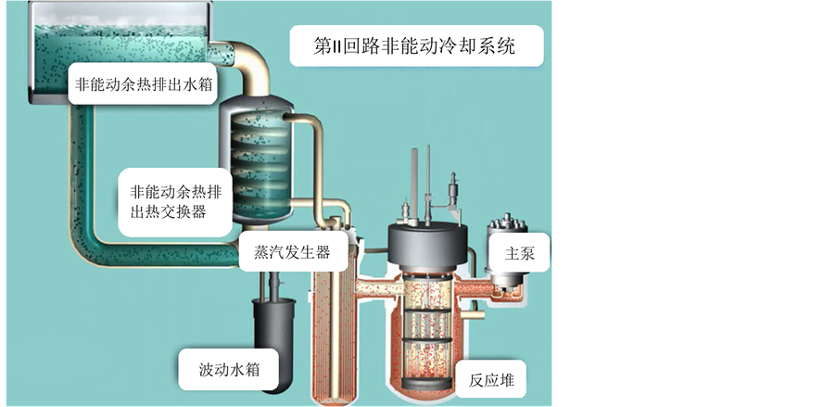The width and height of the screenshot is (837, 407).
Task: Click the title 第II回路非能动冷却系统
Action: [x=416, y=45]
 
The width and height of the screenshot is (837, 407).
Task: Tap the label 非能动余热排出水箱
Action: [x=145, y=84]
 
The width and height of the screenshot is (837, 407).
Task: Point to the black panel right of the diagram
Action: [x=695, y=204]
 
